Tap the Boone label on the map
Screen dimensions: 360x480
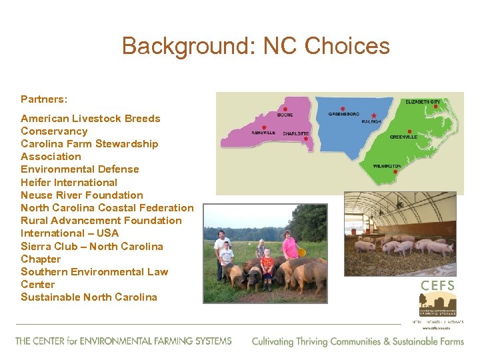(285, 115)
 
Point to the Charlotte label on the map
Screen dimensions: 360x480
(295, 133)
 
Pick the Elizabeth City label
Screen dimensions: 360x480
(423, 101)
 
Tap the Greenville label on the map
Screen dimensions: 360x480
(404, 137)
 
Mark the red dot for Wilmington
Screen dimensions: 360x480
(395, 171)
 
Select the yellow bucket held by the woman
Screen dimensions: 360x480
(301, 252)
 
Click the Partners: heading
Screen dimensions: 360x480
(44, 99)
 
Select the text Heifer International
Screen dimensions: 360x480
(69, 182)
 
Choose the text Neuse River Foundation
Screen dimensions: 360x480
(81, 195)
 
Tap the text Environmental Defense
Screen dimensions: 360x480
(79, 169)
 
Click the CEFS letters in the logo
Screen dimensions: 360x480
(437, 285)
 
